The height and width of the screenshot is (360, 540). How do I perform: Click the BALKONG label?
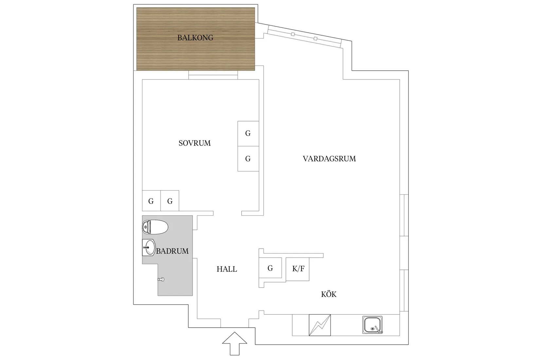(x=195, y=38)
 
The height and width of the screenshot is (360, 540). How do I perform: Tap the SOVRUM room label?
(x=194, y=143)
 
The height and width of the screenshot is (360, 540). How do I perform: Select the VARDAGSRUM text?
(x=329, y=159)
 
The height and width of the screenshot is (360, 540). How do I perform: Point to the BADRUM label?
(x=172, y=251)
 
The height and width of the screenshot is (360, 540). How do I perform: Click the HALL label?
(x=226, y=269)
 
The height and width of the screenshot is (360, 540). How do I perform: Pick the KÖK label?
(x=329, y=294)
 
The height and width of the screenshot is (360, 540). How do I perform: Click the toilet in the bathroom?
(x=155, y=227)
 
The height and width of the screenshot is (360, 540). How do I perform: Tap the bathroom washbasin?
(x=149, y=247)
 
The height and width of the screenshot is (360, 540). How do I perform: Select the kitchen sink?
(x=372, y=325)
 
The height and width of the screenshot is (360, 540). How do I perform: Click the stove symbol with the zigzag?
(x=320, y=325)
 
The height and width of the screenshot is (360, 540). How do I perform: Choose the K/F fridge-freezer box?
(x=298, y=269)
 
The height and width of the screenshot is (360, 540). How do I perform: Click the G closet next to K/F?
(x=270, y=268)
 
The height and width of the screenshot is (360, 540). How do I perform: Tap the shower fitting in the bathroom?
(x=161, y=279)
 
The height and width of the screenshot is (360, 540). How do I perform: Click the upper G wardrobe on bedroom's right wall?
(x=248, y=133)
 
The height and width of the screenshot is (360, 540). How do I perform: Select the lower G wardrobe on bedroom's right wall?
(x=248, y=159)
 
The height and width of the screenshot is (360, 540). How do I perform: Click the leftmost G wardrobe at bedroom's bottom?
(x=151, y=201)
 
